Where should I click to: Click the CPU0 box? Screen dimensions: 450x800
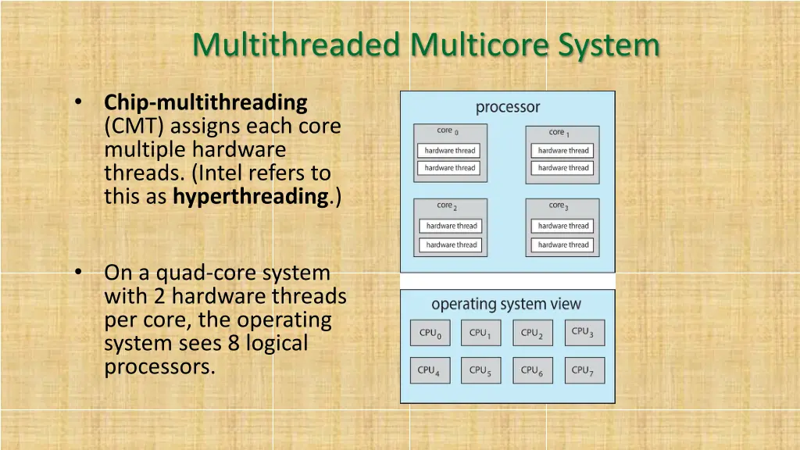(x=430, y=334)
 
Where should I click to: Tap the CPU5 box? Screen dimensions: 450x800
(x=480, y=371)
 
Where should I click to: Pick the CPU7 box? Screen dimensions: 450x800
(x=583, y=371)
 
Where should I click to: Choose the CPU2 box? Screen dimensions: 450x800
(x=532, y=334)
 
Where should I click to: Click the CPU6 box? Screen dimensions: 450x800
(x=532, y=371)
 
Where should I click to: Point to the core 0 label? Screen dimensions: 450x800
(x=448, y=131)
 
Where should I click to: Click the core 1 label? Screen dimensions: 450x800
(x=559, y=133)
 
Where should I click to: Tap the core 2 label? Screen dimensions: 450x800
(x=448, y=206)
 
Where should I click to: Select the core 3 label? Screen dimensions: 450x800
(x=559, y=206)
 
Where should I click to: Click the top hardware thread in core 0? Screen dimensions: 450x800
(x=450, y=151)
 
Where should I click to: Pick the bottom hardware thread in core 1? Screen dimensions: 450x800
(x=563, y=168)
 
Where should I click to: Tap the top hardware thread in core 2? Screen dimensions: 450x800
(x=452, y=226)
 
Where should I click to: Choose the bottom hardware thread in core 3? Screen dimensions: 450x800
(x=563, y=245)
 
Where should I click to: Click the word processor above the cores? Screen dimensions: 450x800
(x=508, y=108)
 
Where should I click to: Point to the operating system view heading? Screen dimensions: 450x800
(x=506, y=304)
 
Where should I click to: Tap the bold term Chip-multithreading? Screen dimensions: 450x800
(x=206, y=102)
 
